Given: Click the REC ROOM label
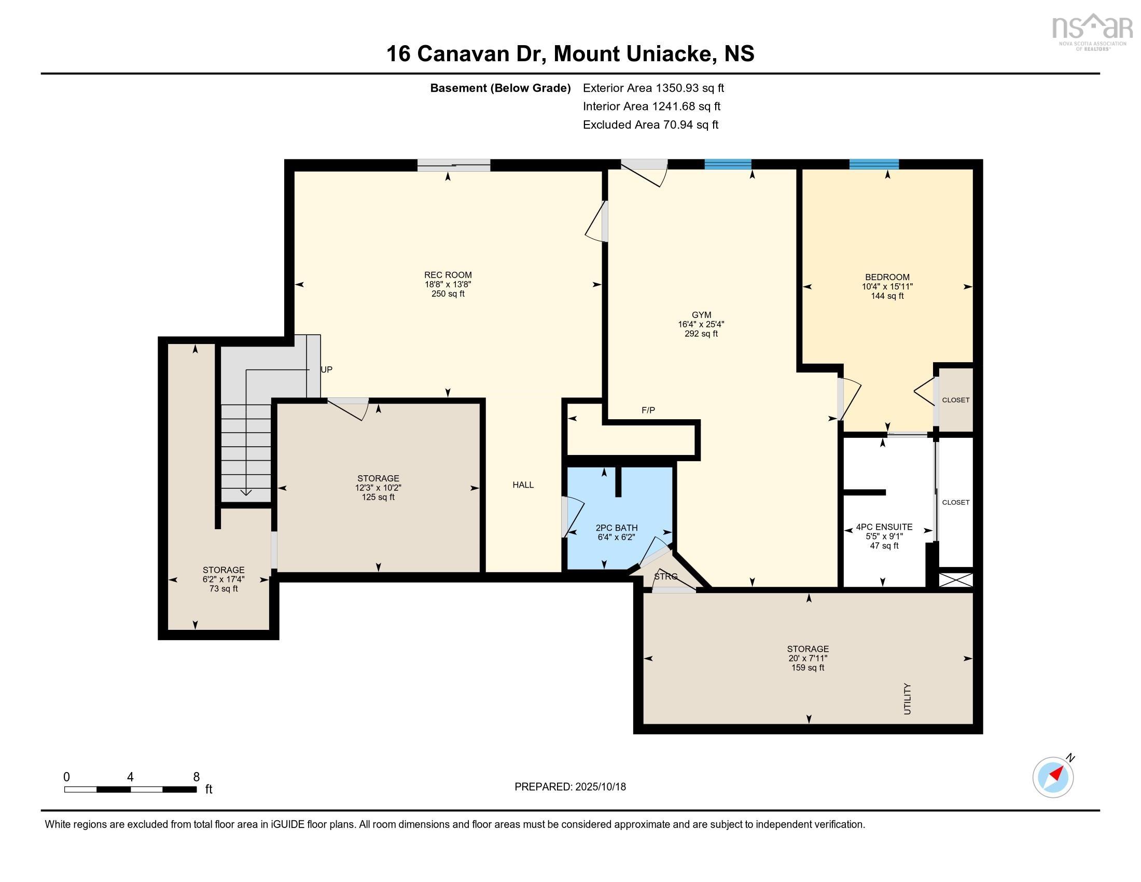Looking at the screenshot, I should click(x=448, y=275).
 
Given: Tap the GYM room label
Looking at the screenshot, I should click(x=701, y=314).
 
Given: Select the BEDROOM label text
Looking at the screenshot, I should click(x=887, y=277).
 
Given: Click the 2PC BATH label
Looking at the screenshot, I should click(x=617, y=528).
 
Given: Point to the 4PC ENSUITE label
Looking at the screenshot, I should click(x=884, y=527).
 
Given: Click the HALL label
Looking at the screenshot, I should click(x=523, y=485).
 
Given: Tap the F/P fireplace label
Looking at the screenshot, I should click(x=648, y=410).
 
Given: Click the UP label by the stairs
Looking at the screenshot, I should click(x=326, y=369).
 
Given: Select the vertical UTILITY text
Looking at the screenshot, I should click(x=908, y=699).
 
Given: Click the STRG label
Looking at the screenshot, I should click(x=665, y=576).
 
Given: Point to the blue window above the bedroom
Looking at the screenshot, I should click(x=874, y=164).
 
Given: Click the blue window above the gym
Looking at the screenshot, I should click(x=728, y=164).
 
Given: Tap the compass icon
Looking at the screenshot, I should click(x=1053, y=777).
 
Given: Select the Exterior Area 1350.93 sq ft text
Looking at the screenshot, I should click(x=653, y=88).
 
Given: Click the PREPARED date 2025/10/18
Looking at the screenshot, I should click(x=570, y=787).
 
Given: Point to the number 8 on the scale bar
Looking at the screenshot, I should click(x=197, y=777).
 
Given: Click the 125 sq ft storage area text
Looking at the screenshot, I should click(x=378, y=497).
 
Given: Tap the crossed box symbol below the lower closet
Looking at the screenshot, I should click(x=955, y=580).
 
